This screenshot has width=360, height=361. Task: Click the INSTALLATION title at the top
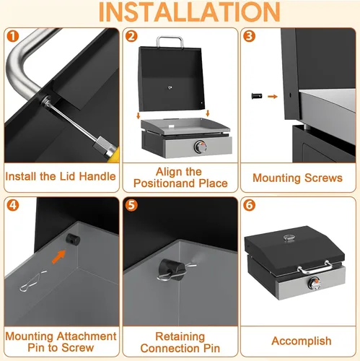pyautogui.click(x=189, y=12)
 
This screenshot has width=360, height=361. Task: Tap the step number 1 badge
pyautogui.click(x=13, y=36)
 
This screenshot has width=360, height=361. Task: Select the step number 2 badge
pyautogui.click(x=131, y=36)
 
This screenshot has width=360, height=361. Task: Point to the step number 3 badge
pyautogui.click(x=249, y=36)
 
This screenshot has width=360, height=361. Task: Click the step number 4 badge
pyautogui.click(x=13, y=205)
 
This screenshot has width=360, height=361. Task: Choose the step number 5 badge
pyautogui.click(x=131, y=205)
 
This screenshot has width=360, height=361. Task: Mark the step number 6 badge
pyautogui.click(x=249, y=205)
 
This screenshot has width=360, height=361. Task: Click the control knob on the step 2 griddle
pyautogui.click(x=201, y=147)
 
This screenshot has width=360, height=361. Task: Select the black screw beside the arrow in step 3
pyautogui.click(x=257, y=96)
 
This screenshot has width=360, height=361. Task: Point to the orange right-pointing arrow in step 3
pyautogui.click(x=273, y=97)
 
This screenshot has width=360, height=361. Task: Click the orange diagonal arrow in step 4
pyautogui.click(x=59, y=257)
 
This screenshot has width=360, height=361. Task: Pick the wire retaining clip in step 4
pyautogui.click(x=32, y=282)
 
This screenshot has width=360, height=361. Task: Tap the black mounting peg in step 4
pyautogui.click(x=73, y=239)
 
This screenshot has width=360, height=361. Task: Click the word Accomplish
pyautogui.click(x=302, y=341)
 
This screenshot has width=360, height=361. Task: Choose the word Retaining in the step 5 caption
pyautogui.click(x=180, y=336)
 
